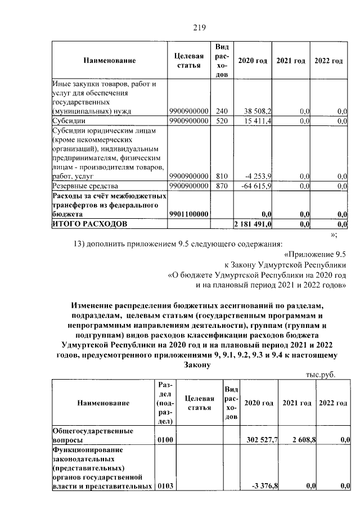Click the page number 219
tap(200, 27)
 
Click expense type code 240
tap(222, 111)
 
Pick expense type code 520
tap(222, 120)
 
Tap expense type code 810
tap(222, 176)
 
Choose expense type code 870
tap(222, 185)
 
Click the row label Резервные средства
tap(85, 185)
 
